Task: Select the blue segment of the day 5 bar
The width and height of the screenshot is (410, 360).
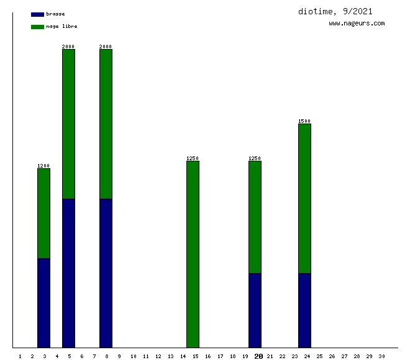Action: click(x=68, y=273)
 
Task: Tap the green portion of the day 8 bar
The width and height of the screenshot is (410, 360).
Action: click(x=106, y=124)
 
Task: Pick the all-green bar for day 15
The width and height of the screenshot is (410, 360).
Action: click(x=193, y=254)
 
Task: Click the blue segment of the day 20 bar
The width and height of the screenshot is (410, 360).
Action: click(x=255, y=310)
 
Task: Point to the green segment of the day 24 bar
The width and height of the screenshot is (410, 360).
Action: click(x=304, y=199)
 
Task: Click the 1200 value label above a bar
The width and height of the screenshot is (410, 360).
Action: click(x=43, y=166)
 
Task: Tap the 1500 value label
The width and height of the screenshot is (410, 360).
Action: click(x=304, y=121)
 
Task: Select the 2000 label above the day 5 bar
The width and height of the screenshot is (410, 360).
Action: click(x=68, y=47)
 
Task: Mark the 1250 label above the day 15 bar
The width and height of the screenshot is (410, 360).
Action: click(x=193, y=158)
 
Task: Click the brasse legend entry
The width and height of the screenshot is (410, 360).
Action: click(x=55, y=14)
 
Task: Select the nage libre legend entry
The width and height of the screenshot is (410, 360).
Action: click(x=61, y=26)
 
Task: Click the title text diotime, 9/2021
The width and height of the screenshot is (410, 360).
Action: click(x=335, y=11)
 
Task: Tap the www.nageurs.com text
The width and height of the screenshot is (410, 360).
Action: click(x=357, y=24)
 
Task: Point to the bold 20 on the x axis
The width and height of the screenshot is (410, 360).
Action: click(x=258, y=356)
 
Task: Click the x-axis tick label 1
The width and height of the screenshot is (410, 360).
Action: click(x=20, y=356)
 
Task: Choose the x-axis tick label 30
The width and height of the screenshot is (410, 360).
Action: click(x=381, y=356)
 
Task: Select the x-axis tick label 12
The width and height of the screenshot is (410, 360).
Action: click(x=158, y=356)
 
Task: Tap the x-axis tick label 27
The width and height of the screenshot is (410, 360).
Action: click(x=344, y=356)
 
